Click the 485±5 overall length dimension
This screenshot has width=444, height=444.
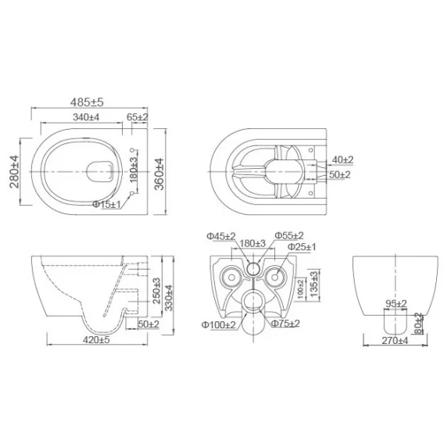[87, 102]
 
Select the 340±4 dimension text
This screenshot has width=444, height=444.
[86, 117]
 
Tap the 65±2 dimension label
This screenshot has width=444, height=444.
[138, 117]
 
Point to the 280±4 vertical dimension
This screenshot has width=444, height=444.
[14, 172]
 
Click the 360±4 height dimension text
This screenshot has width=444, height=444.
[159, 174]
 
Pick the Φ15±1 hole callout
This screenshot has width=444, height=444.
[107, 204]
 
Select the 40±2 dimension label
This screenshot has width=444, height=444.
[342, 159]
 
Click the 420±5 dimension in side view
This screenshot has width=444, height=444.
[96, 339]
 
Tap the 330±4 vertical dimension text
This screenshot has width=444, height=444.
[169, 298]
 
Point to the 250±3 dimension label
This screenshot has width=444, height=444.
[156, 291]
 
